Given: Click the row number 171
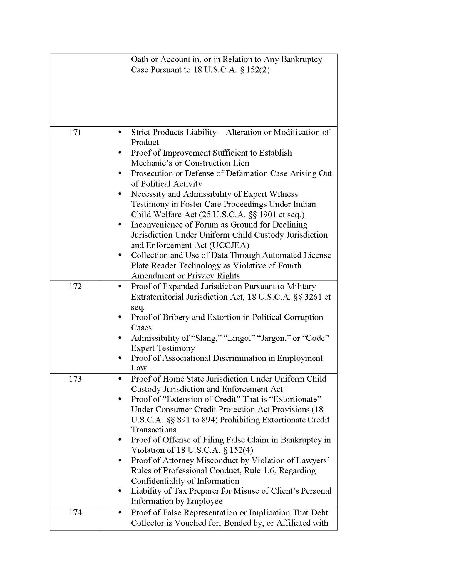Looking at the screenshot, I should pyautogui.click(x=75, y=133).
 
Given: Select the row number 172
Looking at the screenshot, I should pyautogui.click(x=75, y=286).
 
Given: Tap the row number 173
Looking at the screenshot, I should pyautogui.click(x=75, y=379).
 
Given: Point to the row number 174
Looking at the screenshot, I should pyautogui.click(x=75, y=512).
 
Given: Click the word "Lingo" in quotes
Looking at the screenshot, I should pyautogui.click(x=239, y=338).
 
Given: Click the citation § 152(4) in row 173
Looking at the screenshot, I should pyautogui.click(x=238, y=450).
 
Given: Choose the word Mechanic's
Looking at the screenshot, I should pyautogui.click(x=152, y=163).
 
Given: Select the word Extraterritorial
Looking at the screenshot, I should pyautogui.click(x=158, y=297).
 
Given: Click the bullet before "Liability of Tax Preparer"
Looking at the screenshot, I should pyautogui.click(x=120, y=491).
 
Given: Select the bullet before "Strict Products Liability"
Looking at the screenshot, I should pyautogui.click(x=120, y=132).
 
